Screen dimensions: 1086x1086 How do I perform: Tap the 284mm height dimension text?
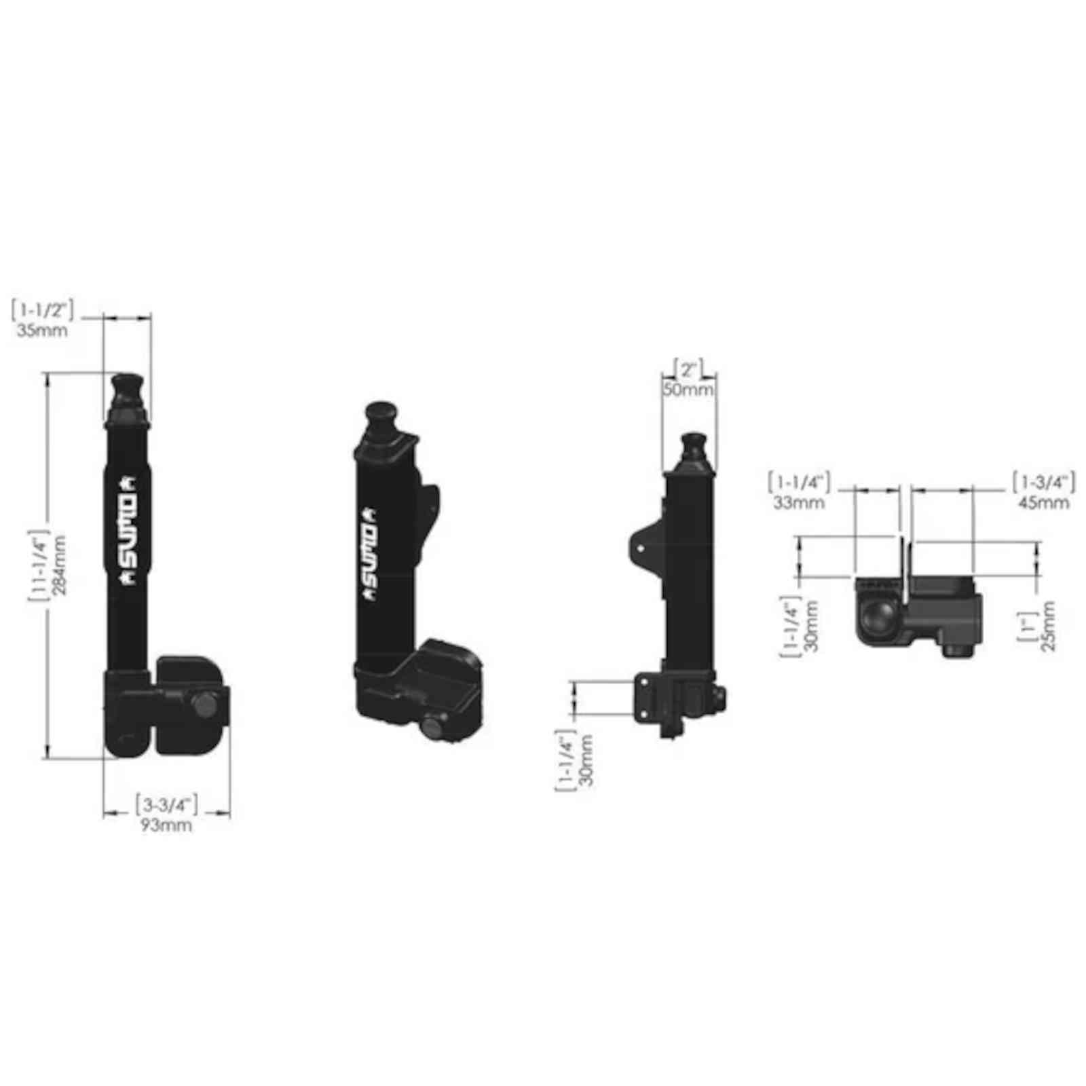60,565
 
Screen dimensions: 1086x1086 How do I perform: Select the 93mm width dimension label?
166,825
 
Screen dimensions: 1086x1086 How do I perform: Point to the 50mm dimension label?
689,390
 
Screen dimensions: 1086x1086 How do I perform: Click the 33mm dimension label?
799,503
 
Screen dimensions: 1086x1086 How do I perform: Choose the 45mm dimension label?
1043,503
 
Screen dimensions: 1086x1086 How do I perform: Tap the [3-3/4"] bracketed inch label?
166,805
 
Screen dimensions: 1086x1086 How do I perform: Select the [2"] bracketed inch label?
689,370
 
